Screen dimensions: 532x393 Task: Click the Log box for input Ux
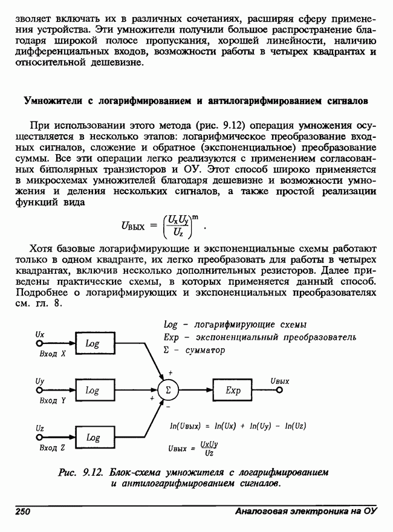click(x=92, y=343)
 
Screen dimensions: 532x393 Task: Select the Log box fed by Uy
click(x=92, y=391)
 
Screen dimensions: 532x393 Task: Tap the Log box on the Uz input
click(x=92, y=437)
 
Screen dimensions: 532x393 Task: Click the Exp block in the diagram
click(x=233, y=391)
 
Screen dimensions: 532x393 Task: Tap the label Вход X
click(x=51, y=354)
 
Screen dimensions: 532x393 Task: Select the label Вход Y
click(x=51, y=401)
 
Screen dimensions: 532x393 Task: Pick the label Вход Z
click(x=51, y=448)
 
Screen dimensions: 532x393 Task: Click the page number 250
click(x=22, y=512)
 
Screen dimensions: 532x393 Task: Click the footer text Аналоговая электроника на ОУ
click(x=305, y=512)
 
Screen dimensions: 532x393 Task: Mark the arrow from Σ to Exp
click(x=197, y=391)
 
